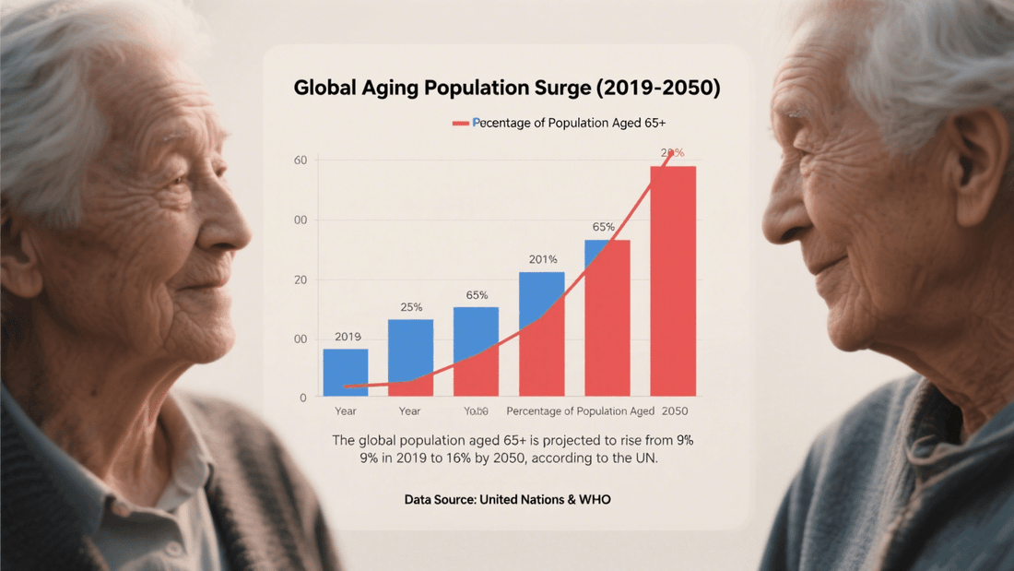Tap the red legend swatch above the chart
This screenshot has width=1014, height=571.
(460, 123)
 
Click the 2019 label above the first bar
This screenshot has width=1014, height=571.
(348, 337)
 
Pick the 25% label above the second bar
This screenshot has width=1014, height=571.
(411, 307)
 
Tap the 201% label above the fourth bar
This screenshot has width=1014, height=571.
(542, 259)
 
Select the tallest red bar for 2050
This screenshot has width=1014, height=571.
(673, 277)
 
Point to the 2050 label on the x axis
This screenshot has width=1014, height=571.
(674, 411)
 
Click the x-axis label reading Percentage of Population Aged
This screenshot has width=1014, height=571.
(581, 411)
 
